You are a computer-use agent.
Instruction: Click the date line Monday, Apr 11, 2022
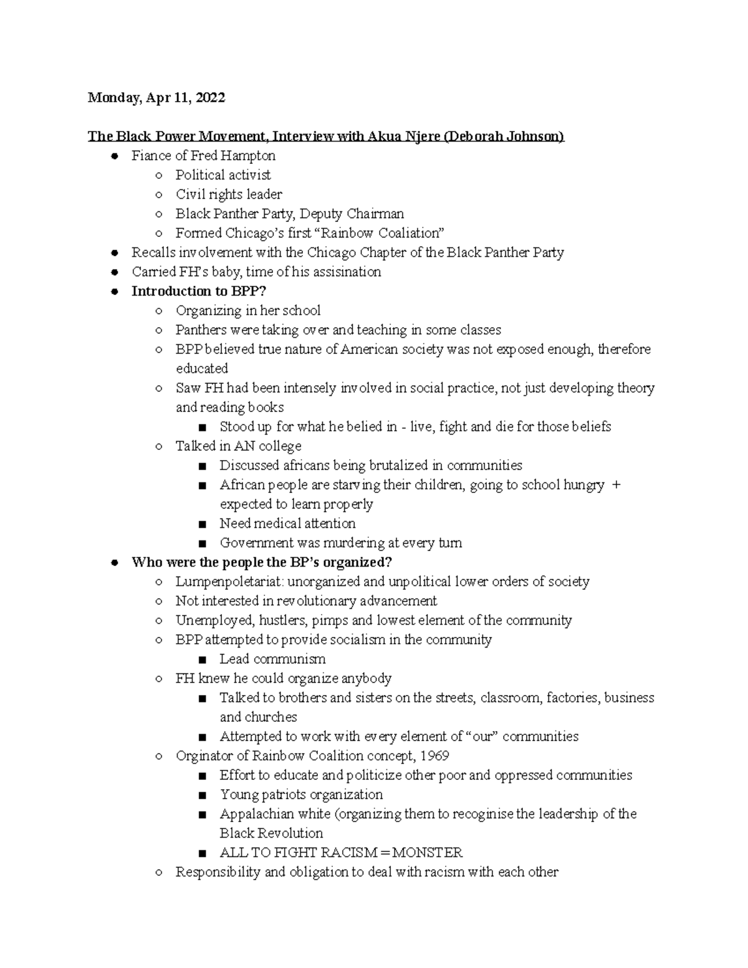coord(156,98)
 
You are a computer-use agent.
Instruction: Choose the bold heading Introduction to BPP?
coord(199,291)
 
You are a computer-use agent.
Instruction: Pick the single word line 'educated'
coord(202,368)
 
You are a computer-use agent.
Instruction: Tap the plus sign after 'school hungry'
coord(616,485)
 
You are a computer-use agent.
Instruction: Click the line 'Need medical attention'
coord(287,524)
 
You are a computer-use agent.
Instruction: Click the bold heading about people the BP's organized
coord(262,562)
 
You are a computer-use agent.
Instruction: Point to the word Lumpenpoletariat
coord(228,582)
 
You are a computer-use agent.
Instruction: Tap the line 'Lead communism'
coord(272,659)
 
